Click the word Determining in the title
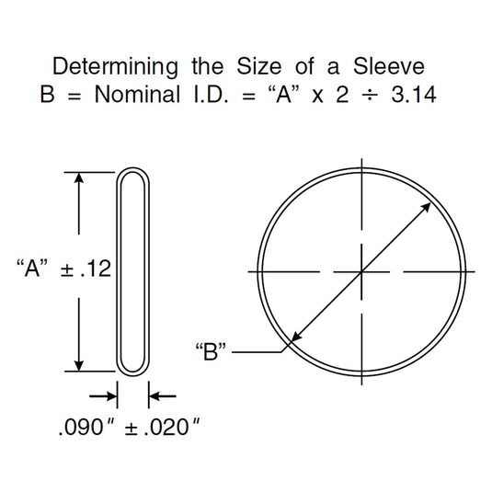(115, 67)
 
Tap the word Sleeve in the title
(389, 66)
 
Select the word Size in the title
(258, 66)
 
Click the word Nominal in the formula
(137, 94)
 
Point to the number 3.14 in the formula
(414, 94)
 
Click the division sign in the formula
(370, 95)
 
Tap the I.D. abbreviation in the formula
(211, 94)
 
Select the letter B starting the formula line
(48, 94)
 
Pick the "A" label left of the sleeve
(32, 268)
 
